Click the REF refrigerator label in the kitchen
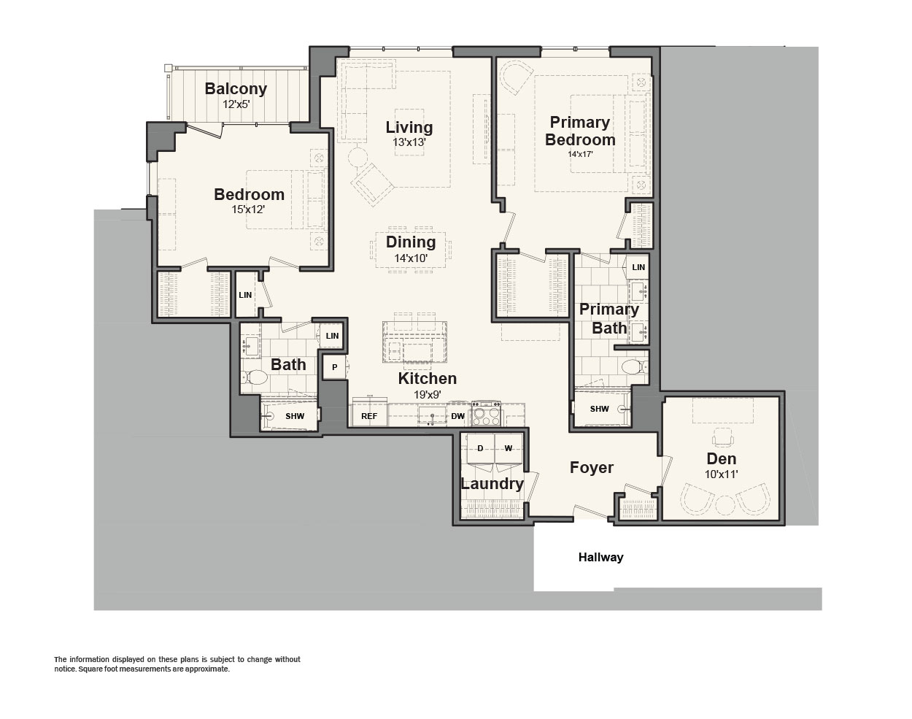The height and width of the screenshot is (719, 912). click(368, 416)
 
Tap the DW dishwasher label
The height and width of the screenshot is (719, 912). click(457, 416)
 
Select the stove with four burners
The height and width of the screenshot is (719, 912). click(487, 412)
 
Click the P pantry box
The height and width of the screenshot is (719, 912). click(334, 367)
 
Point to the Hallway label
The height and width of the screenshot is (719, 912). click(600, 557)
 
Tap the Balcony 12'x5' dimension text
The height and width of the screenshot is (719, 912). click(236, 104)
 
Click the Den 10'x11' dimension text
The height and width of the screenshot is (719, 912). click(722, 474)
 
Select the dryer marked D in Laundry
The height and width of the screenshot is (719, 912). click(480, 448)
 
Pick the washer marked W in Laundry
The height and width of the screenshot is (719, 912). click(508, 448)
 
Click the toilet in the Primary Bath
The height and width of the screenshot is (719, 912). click(635, 366)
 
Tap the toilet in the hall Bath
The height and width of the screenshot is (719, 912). click(254, 377)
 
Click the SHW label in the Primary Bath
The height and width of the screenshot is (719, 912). click(599, 409)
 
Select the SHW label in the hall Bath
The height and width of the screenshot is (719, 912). click(295, 416)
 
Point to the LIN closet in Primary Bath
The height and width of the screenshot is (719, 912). click(638, 267)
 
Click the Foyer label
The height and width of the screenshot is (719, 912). click(591, 468)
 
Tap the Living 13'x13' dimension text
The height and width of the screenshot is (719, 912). click(409, 142)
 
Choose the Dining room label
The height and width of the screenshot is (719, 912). click(411, 242)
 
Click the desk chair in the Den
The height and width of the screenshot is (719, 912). click(722, 437)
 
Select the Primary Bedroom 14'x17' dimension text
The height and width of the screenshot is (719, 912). click(580, 154)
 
